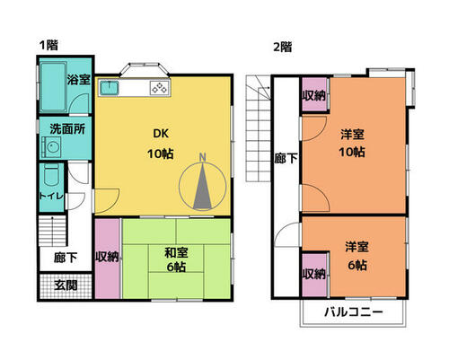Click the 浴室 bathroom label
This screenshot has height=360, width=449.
(x=78, y=80)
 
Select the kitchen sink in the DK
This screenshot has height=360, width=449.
(x=110, y=88)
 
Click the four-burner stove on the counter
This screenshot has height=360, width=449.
(x=160, y=88)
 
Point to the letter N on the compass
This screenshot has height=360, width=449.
(x=203, y=157)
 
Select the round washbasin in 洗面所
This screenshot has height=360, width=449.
(x=51, y=147)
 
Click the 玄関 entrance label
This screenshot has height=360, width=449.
(x=66, y=285)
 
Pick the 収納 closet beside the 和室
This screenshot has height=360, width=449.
(x=108, y=259)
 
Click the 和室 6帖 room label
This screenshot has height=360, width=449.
(x=176, y=259)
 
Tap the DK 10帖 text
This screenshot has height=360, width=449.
(x=161, y=144)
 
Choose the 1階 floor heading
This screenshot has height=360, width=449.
(x=48, y=46)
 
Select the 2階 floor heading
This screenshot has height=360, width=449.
(x=282, y=47)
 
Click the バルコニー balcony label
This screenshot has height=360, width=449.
(x=354, y=312)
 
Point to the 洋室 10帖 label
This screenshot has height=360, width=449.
(x=352, y=143)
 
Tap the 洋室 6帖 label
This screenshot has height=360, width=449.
(x=357, y=256)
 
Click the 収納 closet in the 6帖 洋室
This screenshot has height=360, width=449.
(x=314, y=275)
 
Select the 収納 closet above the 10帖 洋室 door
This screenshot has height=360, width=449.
(x=313, y=94)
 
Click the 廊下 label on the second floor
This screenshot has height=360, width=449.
(x=286, y=158)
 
